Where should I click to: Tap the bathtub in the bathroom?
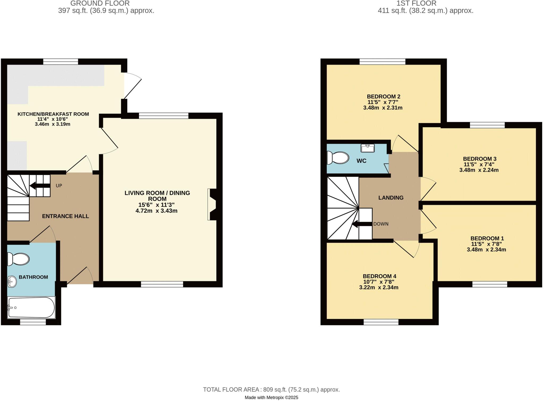(x=31, y=308)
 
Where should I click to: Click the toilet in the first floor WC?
(x=338, y=158)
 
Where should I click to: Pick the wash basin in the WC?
(x=368, y=148)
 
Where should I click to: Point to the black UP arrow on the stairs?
(x=40, y=185)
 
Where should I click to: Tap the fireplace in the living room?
(x=212, y=204)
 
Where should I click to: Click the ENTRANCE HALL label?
(x=65, y=216)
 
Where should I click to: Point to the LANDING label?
(x=391, y=198)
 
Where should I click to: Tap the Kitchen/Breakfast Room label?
(x=53, y=114)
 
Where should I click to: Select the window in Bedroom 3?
(x=487, y=125)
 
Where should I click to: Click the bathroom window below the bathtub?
(x=33, y=322)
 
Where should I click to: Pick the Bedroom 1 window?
(x=490, y=284)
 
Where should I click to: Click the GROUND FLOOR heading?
(x=100, y=3)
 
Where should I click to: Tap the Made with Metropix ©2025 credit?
(x=271, y=398)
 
